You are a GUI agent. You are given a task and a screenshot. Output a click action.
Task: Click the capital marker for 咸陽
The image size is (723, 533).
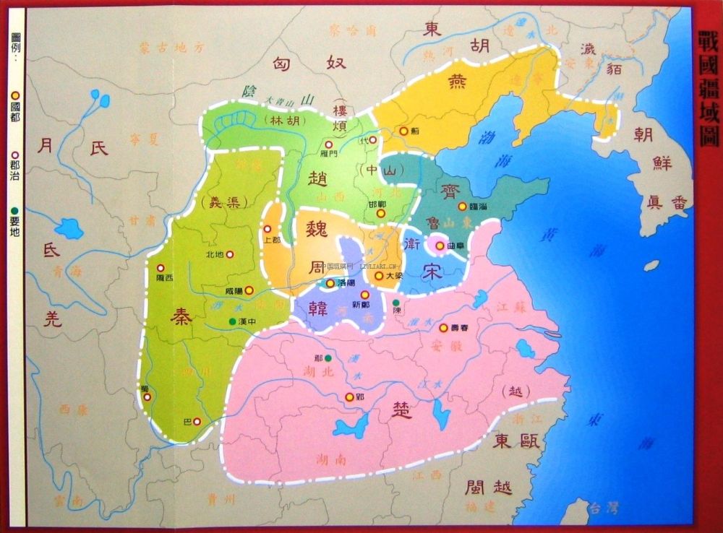coord(249,290)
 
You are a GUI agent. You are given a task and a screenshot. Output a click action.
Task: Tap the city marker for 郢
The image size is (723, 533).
coord(349,396)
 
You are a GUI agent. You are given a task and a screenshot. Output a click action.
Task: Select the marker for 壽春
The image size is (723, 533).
coord(444,326)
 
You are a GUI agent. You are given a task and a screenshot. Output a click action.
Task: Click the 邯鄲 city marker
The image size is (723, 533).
coord(380,213)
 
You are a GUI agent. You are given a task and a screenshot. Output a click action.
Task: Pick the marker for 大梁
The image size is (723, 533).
coord(378,275)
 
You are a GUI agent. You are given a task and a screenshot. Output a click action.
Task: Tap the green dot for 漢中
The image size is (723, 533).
coord(231,321)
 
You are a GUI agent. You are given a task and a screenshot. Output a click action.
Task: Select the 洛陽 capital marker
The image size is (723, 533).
coord(330,284)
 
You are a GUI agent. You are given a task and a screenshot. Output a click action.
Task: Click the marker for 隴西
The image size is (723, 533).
coord(161,266)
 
